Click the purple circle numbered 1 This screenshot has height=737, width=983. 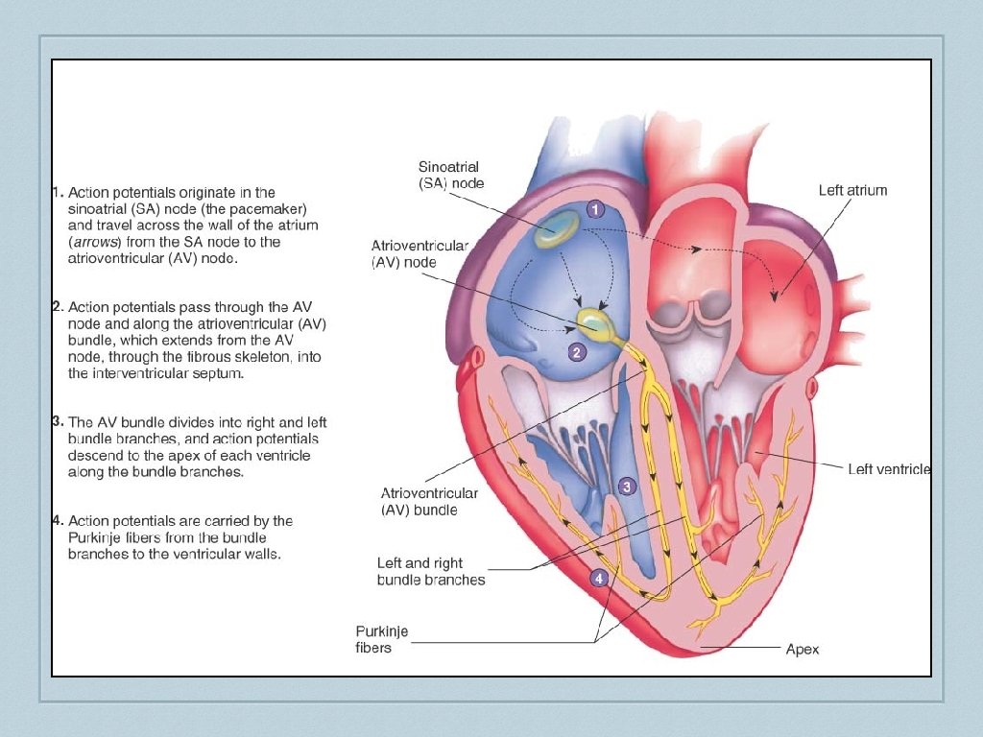tap(595, 209)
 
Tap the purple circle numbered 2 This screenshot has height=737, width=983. tap(576, 352)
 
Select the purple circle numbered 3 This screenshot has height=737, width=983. tap(626, 487)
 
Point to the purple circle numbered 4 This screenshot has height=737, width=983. tap(599, 579)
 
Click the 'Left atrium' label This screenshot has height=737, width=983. tap(852, 190)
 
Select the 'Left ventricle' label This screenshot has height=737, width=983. tap(889, 469)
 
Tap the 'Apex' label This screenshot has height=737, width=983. tap(803, 650)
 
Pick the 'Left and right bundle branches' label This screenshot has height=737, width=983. tap(431, 571)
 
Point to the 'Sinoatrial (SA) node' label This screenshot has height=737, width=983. tap(451, 175)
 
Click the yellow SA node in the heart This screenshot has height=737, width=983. tap(558, 228)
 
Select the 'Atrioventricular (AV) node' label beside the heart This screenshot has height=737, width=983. tap(420, 253)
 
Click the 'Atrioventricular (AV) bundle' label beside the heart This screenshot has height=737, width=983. tap(429, 501)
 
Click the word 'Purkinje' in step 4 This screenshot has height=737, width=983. tap(94, 537)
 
